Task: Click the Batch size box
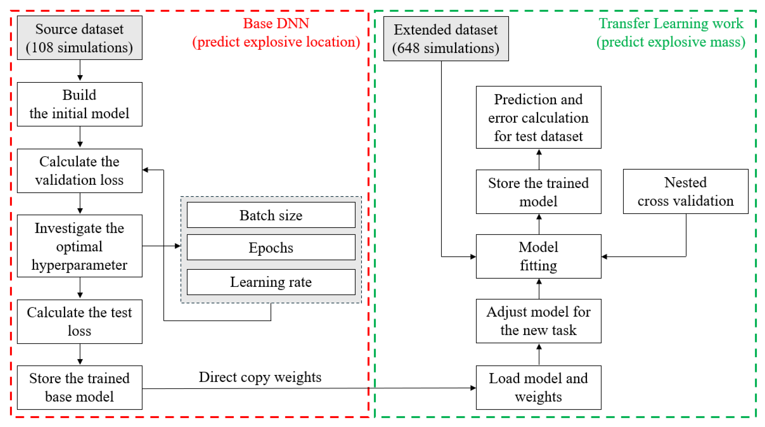pos(271,215)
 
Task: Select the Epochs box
pos(271,247)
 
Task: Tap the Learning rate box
pos(271,282)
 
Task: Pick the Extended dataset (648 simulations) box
pos(446,39)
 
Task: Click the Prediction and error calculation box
pos(538,117)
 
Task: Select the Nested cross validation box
pos(685,192)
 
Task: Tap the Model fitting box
pos(538,256)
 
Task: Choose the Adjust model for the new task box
pos(538,321)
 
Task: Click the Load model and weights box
pos(538,388)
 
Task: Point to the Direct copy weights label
pos(260,377)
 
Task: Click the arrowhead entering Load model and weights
pos(473,388)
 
